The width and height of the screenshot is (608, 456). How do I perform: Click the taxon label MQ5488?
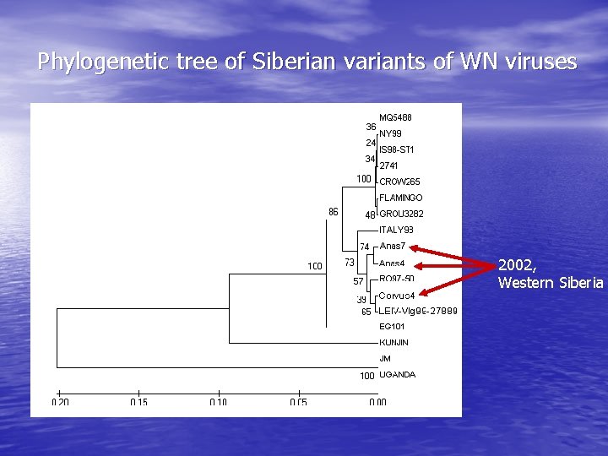tap(395, 117)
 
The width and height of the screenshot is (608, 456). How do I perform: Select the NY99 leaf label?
tap(390, 133)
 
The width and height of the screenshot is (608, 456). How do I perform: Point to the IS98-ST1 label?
tap(397, 149)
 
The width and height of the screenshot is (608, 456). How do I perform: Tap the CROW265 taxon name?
tap(399, 182)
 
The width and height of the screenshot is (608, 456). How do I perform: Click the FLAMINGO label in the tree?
tap(401, 198)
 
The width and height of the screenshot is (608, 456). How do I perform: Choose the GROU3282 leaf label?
tap(401, 214)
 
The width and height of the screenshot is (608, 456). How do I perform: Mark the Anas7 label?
tap(393, 246)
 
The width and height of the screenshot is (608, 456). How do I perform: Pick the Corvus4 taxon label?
tap(397, 295)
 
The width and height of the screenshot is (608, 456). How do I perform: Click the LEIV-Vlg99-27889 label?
tap(418, 311)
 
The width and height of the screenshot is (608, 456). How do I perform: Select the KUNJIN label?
tap(394, 343)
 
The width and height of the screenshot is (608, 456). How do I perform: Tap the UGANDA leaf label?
tap(397, 375)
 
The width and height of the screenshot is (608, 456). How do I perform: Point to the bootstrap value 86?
tap(333, 212)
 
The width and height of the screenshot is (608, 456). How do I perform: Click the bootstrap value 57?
tap(358, 281)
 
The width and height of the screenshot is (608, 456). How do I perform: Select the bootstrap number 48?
tap(370, 215)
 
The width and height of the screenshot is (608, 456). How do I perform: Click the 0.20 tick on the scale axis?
tap(59, 403)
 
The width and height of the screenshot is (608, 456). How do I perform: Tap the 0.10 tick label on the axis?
tap(219, 403)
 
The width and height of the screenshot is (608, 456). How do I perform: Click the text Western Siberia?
tap(551, 282)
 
